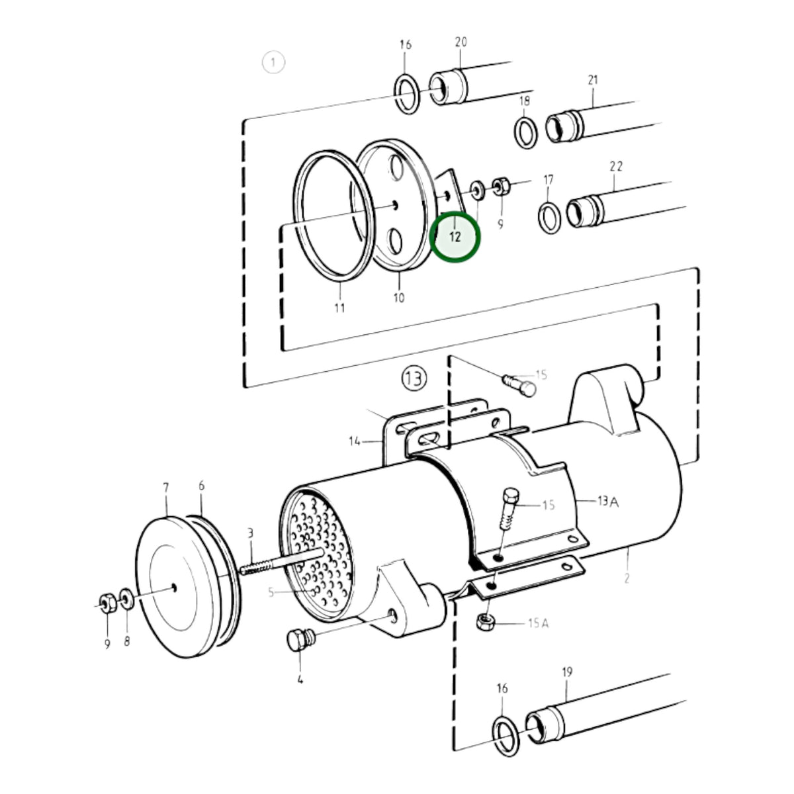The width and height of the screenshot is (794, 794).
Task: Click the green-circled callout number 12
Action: click(455, 237)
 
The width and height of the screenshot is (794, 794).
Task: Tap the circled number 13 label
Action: click(414, 378)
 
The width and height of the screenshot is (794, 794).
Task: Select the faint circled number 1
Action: click(273, 63)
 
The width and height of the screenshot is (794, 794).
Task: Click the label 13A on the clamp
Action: click(608, 501)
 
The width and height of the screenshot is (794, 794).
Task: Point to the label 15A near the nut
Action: click(538, 623)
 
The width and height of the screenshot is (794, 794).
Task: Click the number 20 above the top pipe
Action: click(461, 42)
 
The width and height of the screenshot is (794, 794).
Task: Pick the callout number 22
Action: click(616, 166)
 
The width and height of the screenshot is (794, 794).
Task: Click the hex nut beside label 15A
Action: click(486, 621)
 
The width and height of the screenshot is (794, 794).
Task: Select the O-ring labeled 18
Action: click(526, 132)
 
